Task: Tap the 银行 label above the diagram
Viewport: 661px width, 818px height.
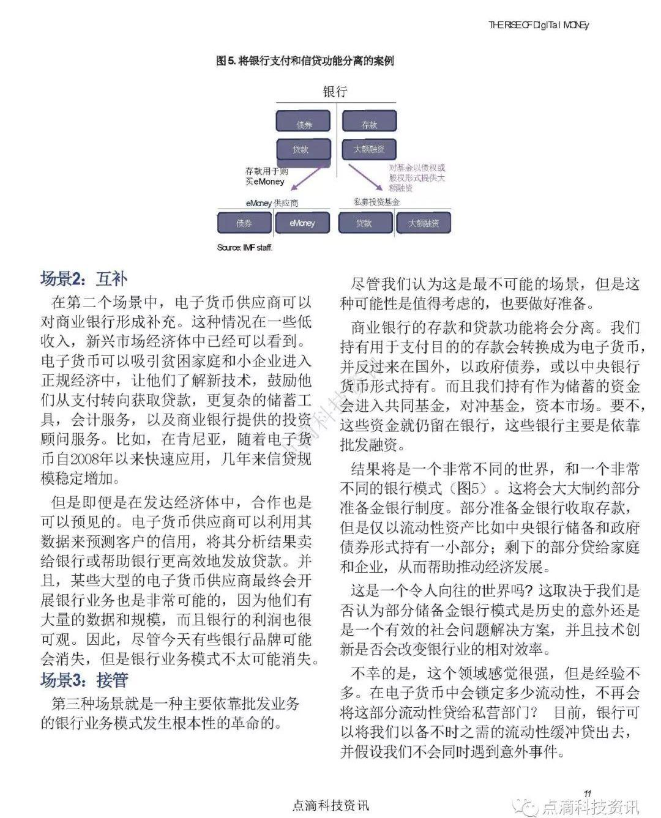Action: (x=335, y=92)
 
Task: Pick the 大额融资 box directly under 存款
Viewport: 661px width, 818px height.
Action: (x=369, y=149)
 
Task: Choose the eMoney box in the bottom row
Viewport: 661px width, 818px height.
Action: (x=302, y=223)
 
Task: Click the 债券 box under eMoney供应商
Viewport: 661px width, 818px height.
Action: (x=244, y=223)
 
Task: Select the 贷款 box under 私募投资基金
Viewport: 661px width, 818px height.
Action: (x=364, y=223)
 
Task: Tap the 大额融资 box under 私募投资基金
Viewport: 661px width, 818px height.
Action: (x=423, y=223)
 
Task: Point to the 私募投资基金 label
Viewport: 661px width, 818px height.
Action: (x=376, y=201)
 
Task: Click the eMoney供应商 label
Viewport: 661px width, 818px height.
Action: (x=272, y=203)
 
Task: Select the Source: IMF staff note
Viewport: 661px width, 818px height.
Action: (x=244, y=247)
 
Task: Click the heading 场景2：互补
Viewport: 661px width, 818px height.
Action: (x=84, y=279)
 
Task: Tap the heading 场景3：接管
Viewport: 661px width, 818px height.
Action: (x=84, y=680)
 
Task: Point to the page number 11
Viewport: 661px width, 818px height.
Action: (x=587, y=793)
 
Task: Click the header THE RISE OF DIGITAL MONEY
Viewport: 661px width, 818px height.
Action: (x=539, y=25)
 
